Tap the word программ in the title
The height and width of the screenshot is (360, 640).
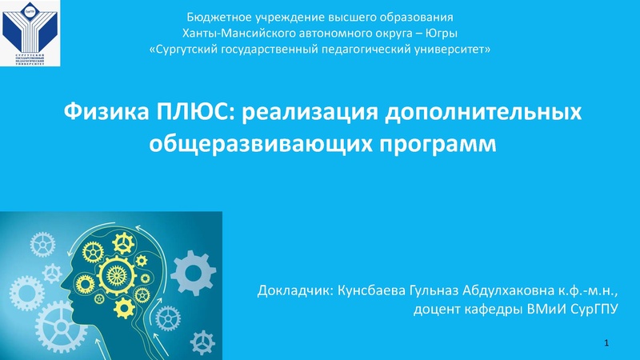(x=422, y=145)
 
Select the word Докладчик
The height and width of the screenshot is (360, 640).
(x=296, y=289)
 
